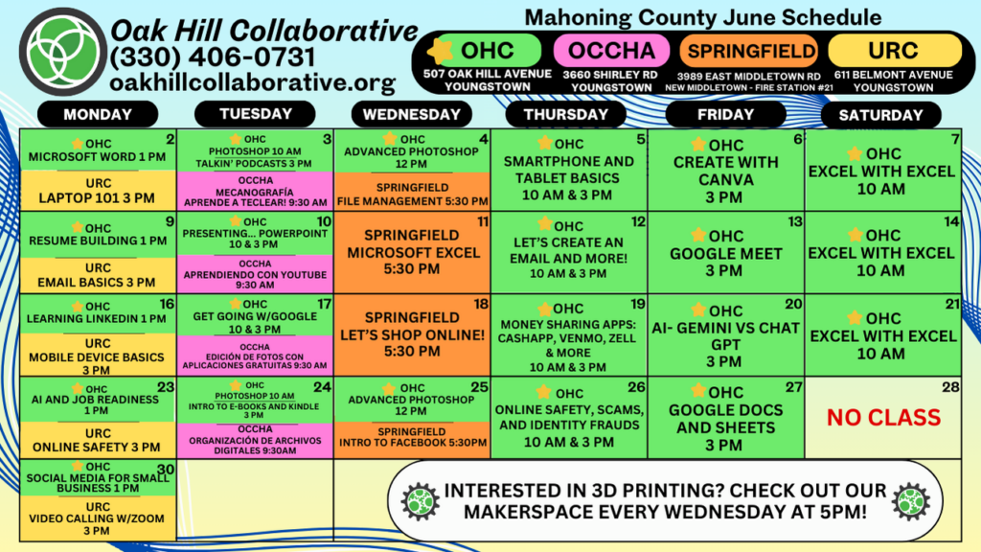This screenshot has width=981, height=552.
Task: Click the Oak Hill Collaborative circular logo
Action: [x=62, y=52]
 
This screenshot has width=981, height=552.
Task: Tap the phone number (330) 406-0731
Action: [x=213, y=57]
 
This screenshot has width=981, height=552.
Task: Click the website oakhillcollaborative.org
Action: [x=253, y=82]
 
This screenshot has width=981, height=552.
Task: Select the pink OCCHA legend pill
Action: [x=611, y=50]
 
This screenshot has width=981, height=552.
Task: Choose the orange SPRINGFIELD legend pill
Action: [x=749, y=51]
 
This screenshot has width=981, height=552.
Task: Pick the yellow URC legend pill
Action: [x=894, y=50]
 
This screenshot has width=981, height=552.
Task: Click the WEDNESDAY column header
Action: [x=412, y=115]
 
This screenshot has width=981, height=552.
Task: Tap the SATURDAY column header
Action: [x=881, y=115]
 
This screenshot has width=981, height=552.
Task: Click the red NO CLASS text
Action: [x=883, y=418]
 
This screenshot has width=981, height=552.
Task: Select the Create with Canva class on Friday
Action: [x=726, y=171]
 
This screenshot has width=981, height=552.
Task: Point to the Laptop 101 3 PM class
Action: [x=98, y=191]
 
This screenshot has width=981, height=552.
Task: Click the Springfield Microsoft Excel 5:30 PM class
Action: [x=412, y=252]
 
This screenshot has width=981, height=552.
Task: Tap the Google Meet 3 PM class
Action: [x=726, y=253]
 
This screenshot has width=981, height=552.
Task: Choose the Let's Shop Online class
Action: [x=412, y=334]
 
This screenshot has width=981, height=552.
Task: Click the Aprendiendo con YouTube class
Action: [x=255, y=273]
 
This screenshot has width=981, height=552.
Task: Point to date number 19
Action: [x=637, y=304]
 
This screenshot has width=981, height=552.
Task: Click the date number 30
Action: [x=166, y=470]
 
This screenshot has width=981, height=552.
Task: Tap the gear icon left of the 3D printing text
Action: [x=421, y=501]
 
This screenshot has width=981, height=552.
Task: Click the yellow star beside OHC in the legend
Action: [x=441, y=51]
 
